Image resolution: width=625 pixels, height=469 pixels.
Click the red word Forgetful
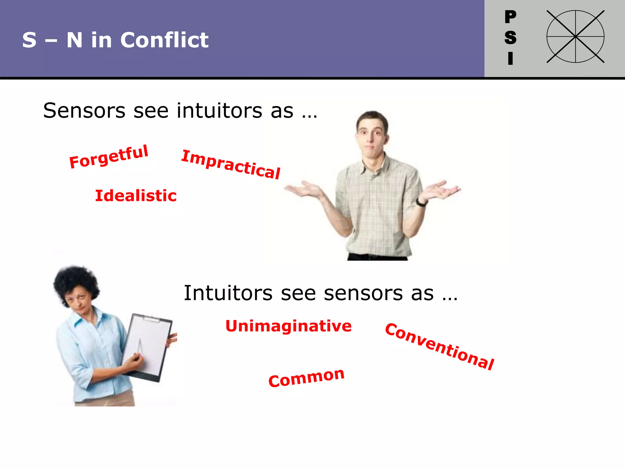[109, 157]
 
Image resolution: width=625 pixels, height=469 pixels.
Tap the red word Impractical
[231, 164]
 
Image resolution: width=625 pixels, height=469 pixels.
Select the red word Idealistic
[136, 196]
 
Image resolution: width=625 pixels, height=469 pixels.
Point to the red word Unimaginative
[288, 326]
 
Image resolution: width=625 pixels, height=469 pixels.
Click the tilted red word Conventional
[439, 347]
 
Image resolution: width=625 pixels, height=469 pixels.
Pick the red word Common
[306, 378]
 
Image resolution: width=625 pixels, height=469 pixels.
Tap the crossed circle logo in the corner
[575, 37]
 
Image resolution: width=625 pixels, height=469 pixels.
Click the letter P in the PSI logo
[510, 16]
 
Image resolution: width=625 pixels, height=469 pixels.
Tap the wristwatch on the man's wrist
[421, 202]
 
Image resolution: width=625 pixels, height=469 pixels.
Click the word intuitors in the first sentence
[219, 111]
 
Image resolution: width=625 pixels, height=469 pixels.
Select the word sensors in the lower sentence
[378, 293]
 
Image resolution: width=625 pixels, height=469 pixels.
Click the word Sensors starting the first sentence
[84, 111]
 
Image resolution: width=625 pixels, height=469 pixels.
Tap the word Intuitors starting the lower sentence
[228, 293]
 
